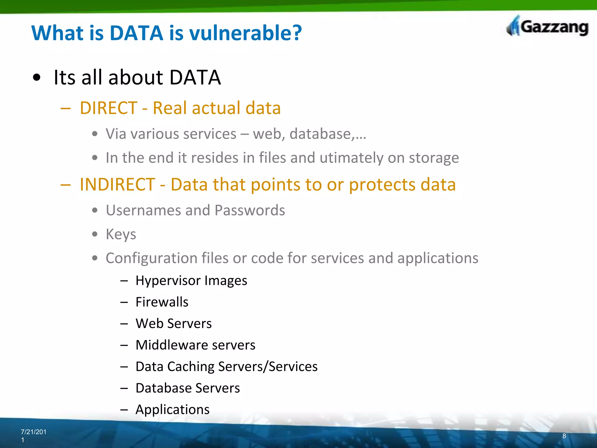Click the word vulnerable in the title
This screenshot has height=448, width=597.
246,33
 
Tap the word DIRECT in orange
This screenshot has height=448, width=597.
108,108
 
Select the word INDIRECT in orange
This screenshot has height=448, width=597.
117,185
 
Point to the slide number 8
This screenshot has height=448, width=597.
564,436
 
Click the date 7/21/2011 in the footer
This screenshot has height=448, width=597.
33,435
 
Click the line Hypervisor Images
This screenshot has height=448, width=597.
191,281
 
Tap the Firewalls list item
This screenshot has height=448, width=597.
162,302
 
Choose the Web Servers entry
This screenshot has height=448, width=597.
173,323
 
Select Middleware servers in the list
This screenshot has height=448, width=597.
195,345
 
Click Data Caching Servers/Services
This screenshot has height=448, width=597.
226,367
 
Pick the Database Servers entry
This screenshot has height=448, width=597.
187,388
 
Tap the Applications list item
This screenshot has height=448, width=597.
172,409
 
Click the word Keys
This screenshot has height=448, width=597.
121,234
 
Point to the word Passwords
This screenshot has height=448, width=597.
250,210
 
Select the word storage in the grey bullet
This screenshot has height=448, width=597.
434,158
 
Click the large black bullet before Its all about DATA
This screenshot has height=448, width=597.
37,78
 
